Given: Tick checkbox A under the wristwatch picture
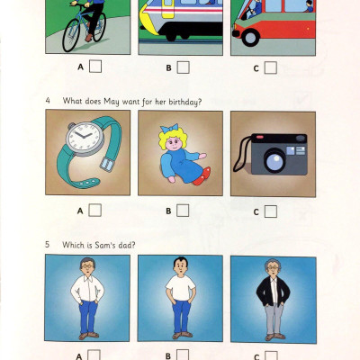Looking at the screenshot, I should click(94, 211).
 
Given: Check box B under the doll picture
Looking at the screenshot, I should click(183, 211).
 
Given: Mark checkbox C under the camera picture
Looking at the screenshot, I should click(270, 211).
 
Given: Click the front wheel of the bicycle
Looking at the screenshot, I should click(74, 36).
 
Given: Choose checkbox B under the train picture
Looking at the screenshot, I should click(183, 67).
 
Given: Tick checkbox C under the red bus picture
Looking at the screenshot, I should click(270, 67).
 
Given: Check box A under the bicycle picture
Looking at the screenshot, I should click(94, 67).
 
